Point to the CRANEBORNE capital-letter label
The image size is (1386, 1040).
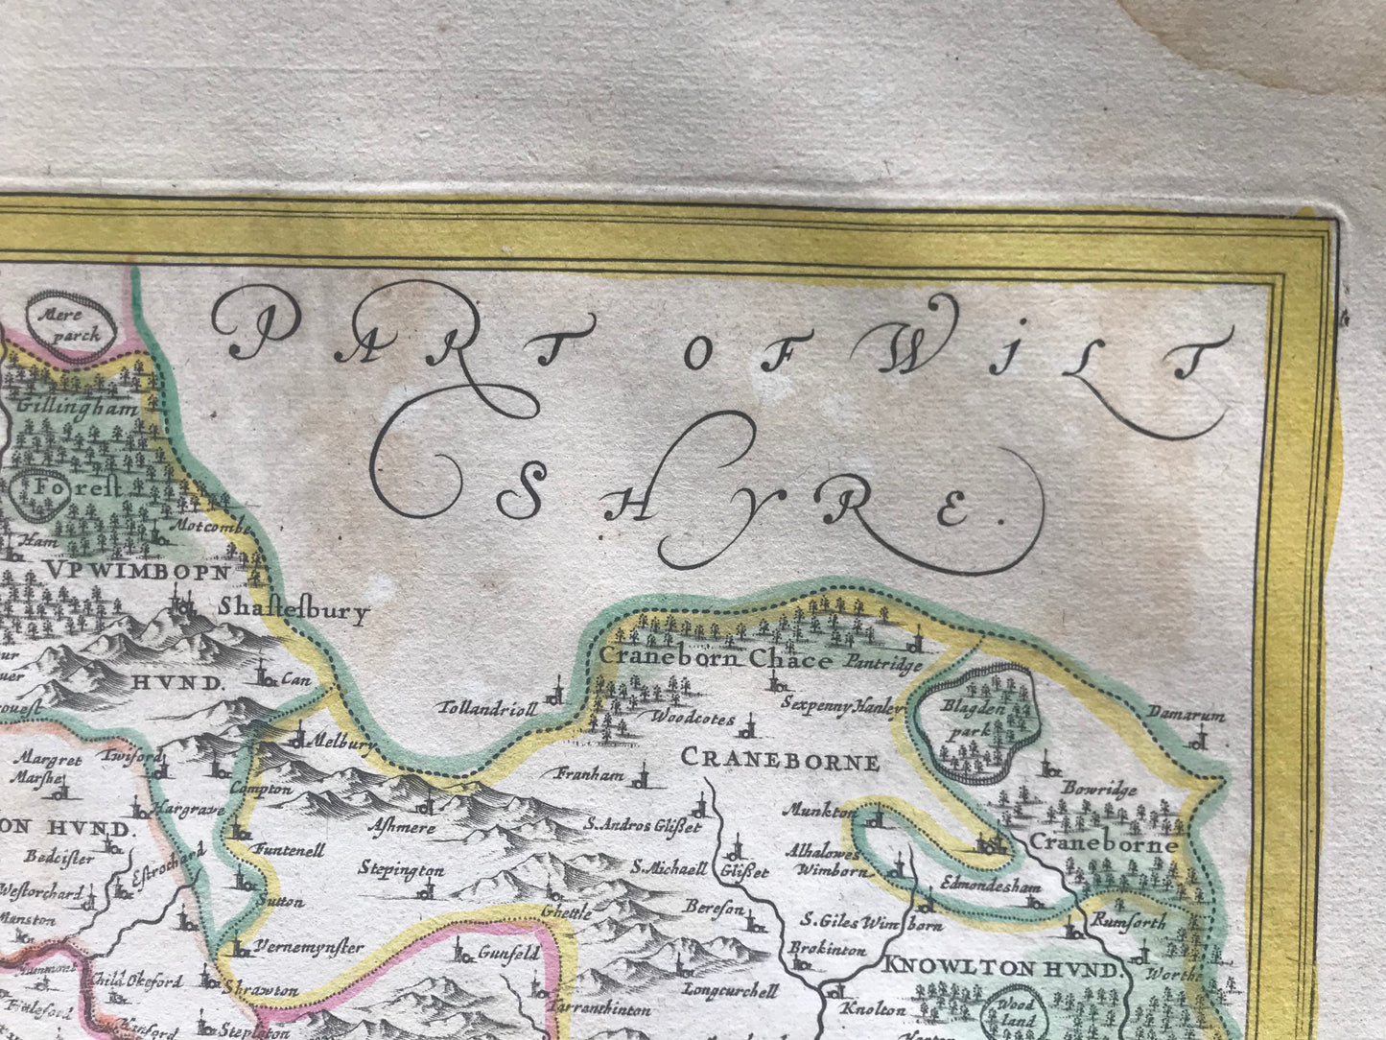tap(779, 761)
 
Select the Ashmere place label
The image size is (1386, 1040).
tap(402, 827)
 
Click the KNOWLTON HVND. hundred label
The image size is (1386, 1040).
tap(1000, 969)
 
